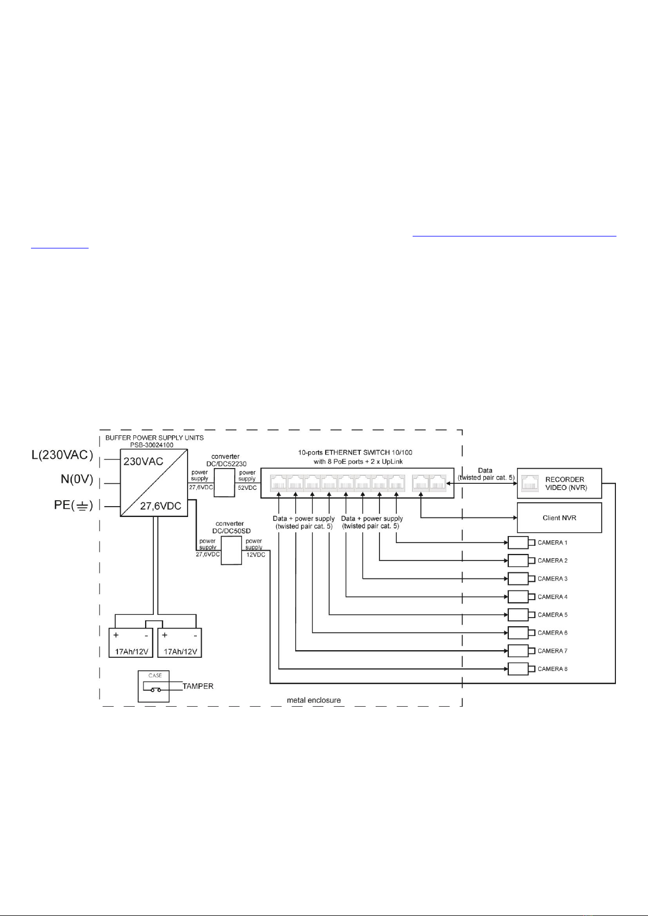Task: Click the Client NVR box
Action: [x=559, y=518]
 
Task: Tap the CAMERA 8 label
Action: [x=552, y=669]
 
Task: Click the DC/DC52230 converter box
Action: [x=225, y=483]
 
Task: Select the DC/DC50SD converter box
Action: [x=232, y=551]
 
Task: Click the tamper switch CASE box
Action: [x=154, y=686]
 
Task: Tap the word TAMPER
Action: [x=198, y=686]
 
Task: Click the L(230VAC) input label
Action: [x=62, y=454]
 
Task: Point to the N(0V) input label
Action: [x=77, y=479]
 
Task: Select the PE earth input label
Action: [x=73, y=506]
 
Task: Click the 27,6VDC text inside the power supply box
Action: [x=161, y=506]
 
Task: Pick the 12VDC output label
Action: [x=256, y=555]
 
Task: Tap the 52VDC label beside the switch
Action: [x=247, y=488]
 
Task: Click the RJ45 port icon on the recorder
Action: [x=530, y=483]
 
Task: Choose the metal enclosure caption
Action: [x=314, y=700]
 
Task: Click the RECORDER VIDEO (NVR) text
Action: [x=566, y=483]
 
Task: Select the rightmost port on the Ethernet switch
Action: [x=438, y=483]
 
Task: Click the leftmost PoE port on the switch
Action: [x=278, y=483]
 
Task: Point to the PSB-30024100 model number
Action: [x=152, y=445]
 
